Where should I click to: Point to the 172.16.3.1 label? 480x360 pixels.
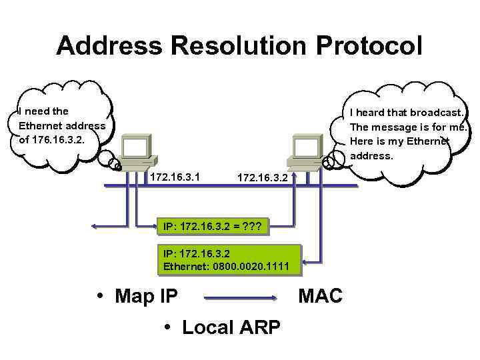[176, 177]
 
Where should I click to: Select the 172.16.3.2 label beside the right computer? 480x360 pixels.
[263, 179]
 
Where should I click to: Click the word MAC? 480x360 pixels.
[320, 295]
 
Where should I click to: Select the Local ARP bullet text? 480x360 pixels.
[231, 327]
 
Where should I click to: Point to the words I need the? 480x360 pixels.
[44, 111]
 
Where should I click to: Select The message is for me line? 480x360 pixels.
[408, 127]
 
